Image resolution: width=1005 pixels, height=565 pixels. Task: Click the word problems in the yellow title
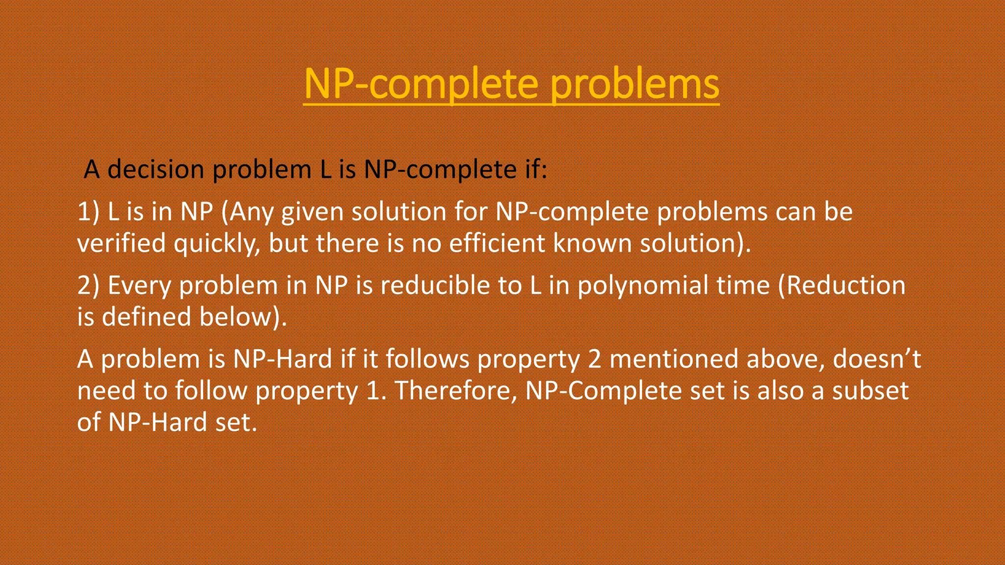tap(634, 84)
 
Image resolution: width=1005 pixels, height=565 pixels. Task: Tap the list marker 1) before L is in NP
tap(88, 212)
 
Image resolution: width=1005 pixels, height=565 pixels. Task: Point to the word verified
tap(121, 243)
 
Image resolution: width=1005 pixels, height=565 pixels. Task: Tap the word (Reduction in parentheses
tap(842, 285)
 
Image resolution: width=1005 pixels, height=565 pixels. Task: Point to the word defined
tap(146, 317)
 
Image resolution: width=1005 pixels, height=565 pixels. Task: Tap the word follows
tap(427, 359)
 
